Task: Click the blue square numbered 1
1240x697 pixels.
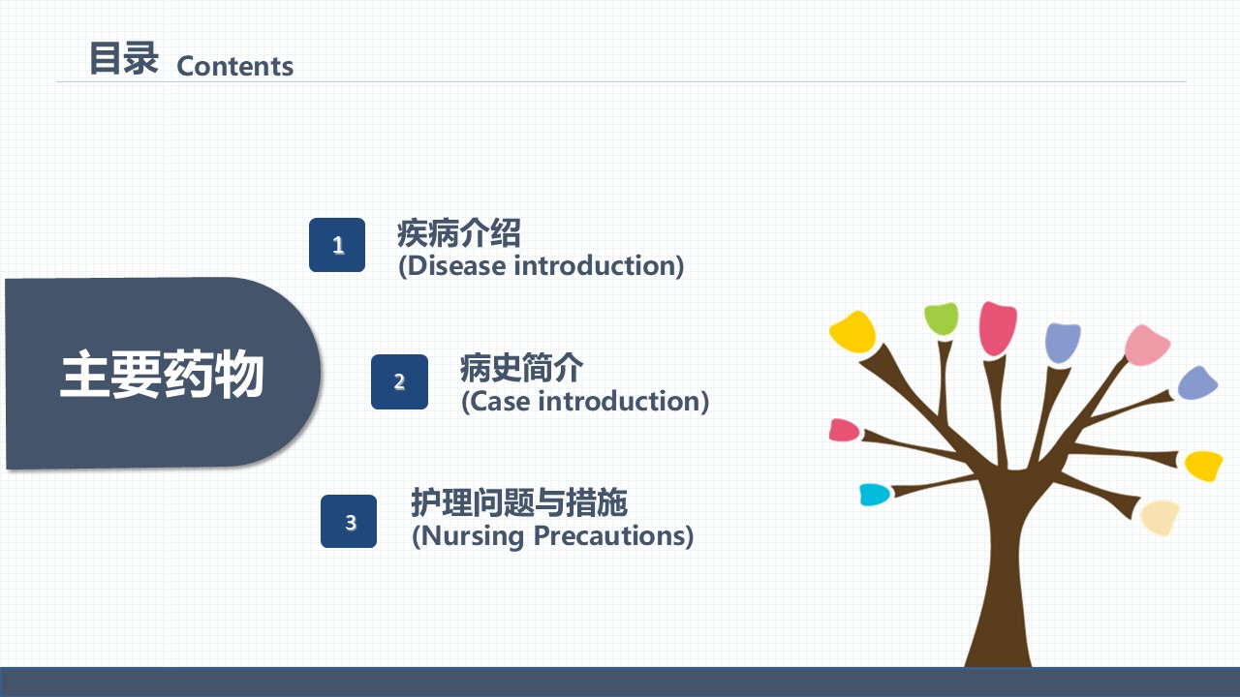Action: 337,245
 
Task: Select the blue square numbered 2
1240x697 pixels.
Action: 399,381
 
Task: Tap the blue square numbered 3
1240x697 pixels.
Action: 349,521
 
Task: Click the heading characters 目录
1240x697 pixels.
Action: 124,58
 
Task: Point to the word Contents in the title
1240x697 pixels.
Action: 234,67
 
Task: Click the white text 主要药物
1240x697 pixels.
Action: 162,374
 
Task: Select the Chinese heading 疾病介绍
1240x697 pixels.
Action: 459,233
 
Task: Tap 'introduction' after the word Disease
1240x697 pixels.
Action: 595,265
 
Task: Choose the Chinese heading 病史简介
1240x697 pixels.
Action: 521,368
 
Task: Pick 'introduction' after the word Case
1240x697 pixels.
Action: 619,401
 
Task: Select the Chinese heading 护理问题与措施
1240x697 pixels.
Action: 519,502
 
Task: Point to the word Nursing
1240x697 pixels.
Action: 472,536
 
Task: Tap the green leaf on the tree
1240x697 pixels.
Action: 941,318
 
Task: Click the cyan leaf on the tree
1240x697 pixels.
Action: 874,495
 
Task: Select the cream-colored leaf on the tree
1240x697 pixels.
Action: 1160,517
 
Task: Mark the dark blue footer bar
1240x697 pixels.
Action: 620,682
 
